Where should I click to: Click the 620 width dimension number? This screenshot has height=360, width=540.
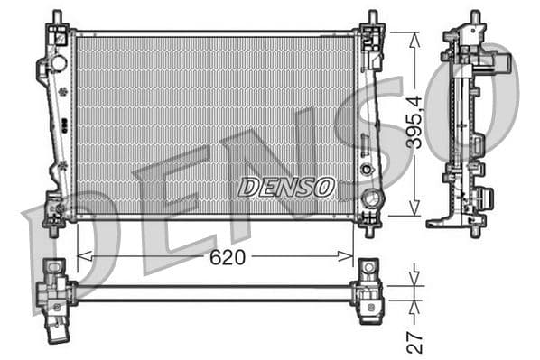[x=228, y=257]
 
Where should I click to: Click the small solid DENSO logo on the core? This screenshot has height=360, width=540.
[x=286, y=187]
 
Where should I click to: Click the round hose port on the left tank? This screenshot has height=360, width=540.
[x=59, y=64]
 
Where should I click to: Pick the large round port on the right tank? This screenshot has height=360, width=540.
[x=368, y=198]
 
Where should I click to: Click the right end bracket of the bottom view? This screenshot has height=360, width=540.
[x=368, y=291]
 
